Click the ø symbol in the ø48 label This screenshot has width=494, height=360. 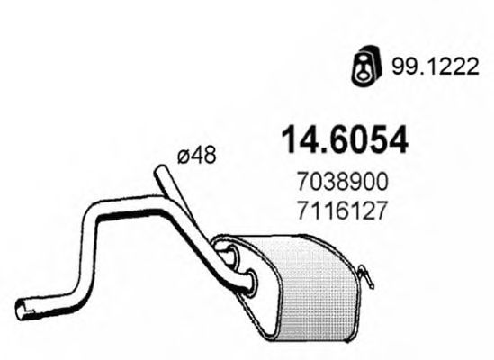(183, 157)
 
